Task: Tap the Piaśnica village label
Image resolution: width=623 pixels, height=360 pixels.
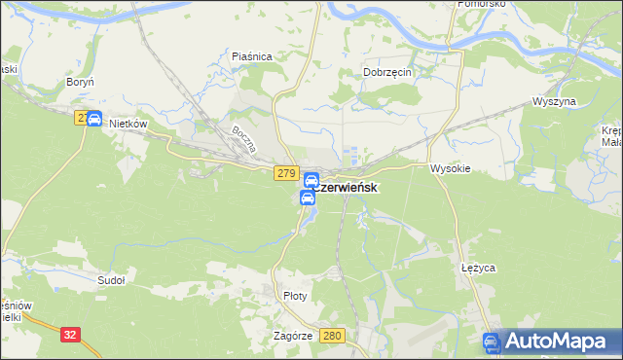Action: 251,57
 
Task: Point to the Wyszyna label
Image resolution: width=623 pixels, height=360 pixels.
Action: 555,102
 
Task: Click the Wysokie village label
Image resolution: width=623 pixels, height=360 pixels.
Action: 451,168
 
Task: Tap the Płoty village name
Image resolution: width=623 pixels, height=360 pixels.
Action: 294,296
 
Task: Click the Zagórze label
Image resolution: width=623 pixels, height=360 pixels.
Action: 293,336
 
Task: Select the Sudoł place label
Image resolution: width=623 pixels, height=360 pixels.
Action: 111,279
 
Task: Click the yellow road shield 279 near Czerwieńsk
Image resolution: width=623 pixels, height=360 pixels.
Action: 285,173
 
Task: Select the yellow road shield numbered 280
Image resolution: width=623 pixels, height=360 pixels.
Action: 333,336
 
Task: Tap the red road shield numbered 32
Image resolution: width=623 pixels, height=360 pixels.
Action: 70,334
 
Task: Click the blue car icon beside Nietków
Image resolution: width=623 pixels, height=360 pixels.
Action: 94,119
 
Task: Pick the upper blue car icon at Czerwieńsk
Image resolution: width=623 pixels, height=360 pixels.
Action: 311,180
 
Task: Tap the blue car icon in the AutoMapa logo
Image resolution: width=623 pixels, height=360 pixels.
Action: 493,342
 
